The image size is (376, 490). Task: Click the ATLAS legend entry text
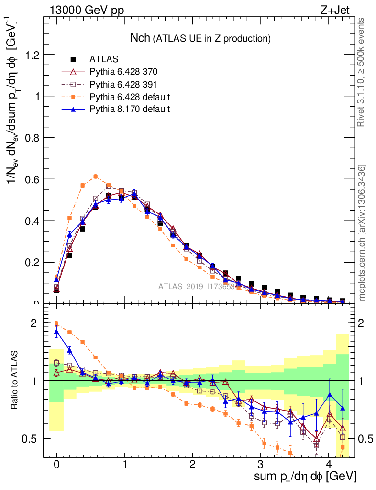click(104, 60)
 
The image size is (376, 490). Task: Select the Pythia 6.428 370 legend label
click(123, 72)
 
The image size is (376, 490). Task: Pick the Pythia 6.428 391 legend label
click(123, 85)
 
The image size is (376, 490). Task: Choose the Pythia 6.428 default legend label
click(130, 97)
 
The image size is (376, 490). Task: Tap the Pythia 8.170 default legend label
click(130, 110)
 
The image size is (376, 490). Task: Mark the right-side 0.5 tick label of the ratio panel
click(365, 439)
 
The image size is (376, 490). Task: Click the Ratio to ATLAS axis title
click(15, 381)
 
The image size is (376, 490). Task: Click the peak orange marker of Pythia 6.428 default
click(96, 177)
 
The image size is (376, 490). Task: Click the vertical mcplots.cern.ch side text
click(362, 233)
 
